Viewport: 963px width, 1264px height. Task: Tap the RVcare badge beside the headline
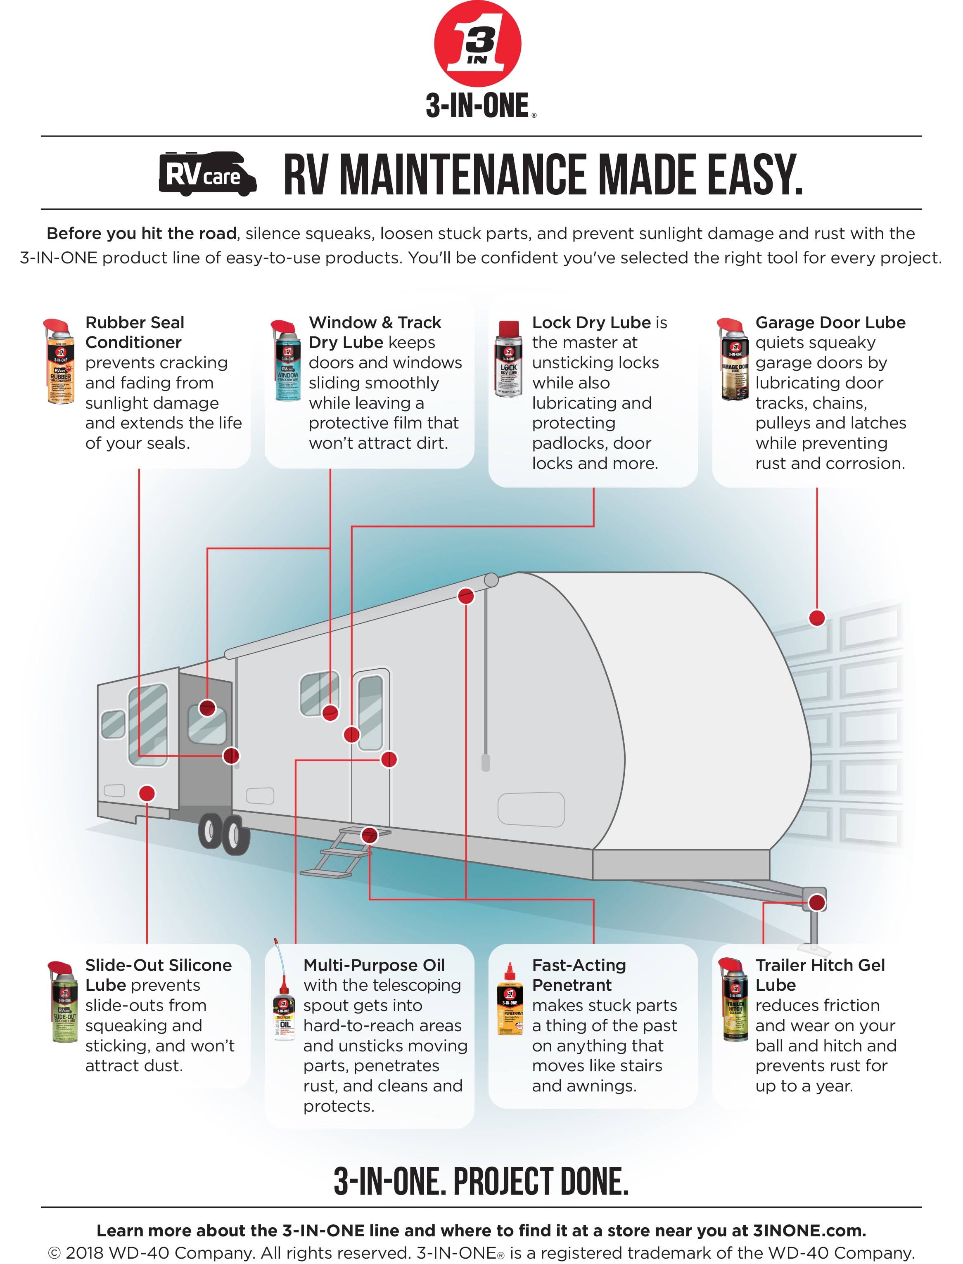tap(207, 174)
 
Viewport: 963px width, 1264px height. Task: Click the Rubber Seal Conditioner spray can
tap(59, 361)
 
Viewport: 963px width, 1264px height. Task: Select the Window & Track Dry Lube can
tap(285, 361)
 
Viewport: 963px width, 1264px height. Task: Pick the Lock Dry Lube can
tap(508, 359)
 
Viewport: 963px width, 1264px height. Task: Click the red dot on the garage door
tap(816, 618)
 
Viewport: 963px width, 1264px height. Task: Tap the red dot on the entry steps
tap(370, 835)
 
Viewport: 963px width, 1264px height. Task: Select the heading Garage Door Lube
tap(830, 322)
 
